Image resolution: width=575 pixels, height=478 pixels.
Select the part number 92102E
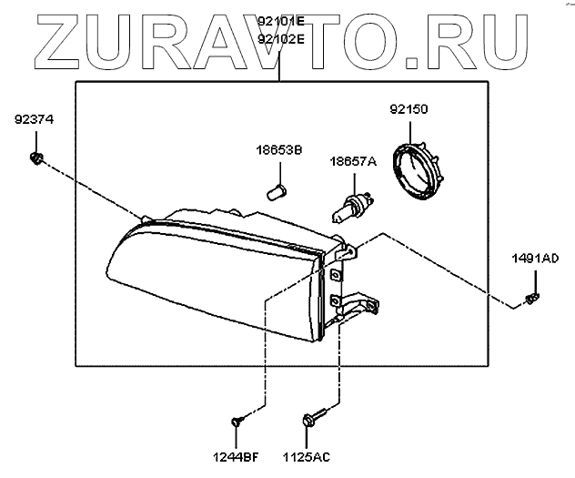pos(281,39)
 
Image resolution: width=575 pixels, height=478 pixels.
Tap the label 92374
pos(35,119)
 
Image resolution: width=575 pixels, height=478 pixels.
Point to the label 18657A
pos(352,161)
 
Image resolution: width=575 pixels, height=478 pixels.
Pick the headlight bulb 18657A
pos(351,205)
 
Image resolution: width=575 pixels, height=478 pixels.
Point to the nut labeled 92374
pos(35,159)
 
